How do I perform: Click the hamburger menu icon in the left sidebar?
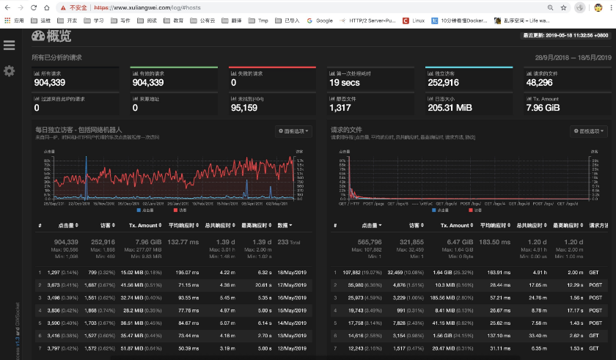coord(9,45)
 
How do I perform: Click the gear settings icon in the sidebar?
coord(9,71)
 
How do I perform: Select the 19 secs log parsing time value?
coord(344,83)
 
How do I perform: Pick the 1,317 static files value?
coord(340,108)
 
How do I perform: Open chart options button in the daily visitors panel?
coord(293,131)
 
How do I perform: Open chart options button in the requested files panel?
coord(588,131)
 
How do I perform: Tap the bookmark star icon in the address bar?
coord(562,7)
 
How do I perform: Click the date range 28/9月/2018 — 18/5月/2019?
coord(573,56)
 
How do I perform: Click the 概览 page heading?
coord(52,37)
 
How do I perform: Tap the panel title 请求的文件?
coord(345,130)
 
